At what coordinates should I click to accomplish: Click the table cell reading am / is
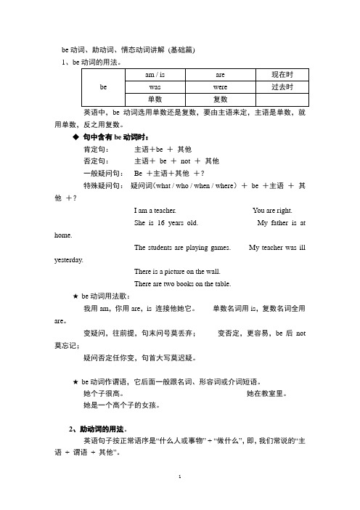click(149, 74)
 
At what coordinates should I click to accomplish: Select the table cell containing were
click(220, 86)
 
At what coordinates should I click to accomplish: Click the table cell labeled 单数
click(149, 98)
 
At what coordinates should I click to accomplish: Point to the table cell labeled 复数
click(220, 98)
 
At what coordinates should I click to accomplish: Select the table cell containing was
click(149, 86)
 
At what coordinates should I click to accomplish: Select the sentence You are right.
click(274, 209)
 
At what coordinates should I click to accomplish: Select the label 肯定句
click(97, 148)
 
